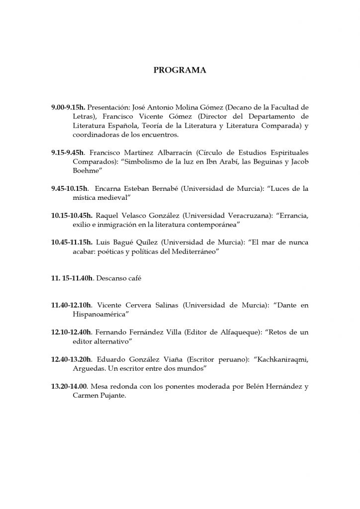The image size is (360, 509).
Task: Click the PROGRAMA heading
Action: [180, 70]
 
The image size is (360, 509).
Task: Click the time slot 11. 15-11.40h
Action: [72, 278]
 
